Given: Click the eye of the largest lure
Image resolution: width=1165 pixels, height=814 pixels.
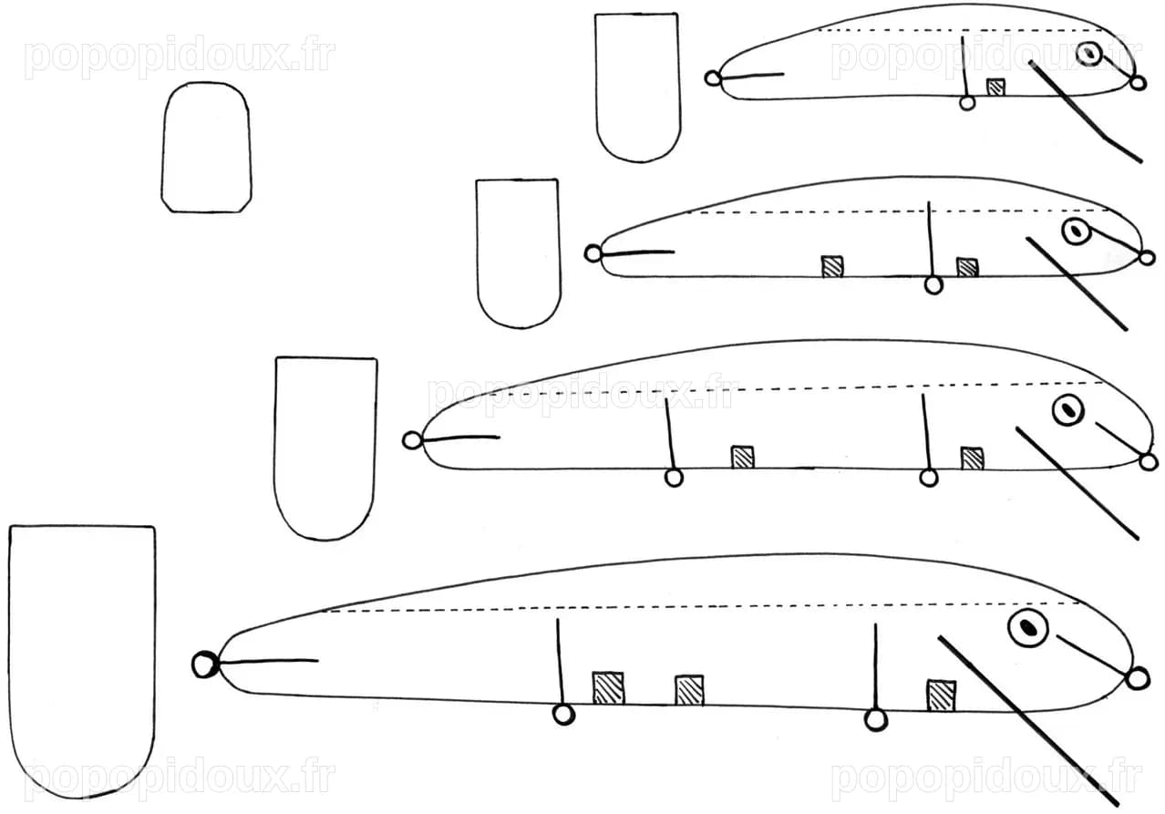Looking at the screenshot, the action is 1027,628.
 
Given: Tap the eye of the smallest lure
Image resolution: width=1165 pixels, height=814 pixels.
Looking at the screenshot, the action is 1088,53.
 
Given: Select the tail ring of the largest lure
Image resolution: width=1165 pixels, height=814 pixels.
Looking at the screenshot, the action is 205,665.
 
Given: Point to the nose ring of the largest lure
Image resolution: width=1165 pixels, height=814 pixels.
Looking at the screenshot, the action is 1138,679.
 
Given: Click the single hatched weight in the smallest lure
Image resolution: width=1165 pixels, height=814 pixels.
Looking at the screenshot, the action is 995,87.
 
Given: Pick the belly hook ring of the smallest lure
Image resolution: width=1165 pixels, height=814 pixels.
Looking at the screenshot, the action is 967,102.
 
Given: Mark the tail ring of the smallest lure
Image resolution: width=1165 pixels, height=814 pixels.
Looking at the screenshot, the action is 713,78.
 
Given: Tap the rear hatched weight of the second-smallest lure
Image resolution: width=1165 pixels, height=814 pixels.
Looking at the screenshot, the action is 832,266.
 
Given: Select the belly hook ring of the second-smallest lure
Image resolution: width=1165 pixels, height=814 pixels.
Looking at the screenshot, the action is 933,285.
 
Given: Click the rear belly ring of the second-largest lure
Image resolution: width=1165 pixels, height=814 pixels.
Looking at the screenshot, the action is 674,478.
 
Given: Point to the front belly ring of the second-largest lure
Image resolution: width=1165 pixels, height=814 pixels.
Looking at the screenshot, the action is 929,478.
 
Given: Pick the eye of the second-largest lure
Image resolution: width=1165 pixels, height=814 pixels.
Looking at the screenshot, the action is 1068,410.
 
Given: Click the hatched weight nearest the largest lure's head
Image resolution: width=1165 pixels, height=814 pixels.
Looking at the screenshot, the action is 941,695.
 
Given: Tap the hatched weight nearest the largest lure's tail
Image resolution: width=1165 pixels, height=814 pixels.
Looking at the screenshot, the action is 608,688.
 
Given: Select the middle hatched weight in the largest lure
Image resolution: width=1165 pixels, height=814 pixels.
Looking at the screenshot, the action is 689,690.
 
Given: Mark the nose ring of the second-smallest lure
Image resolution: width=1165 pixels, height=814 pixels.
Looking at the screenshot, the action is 1147,257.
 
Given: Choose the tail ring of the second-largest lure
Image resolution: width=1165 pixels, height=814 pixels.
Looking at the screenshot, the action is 412,440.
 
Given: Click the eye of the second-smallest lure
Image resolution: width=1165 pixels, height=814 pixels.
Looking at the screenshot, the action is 1076,232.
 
